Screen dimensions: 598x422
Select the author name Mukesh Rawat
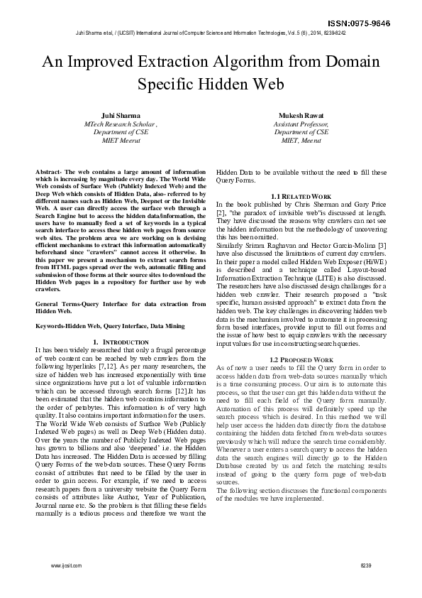(301, 115)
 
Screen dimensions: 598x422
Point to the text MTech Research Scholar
(121, 124)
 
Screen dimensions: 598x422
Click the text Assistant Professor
(301, 124)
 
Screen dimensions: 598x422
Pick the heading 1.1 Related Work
(301, 196)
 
